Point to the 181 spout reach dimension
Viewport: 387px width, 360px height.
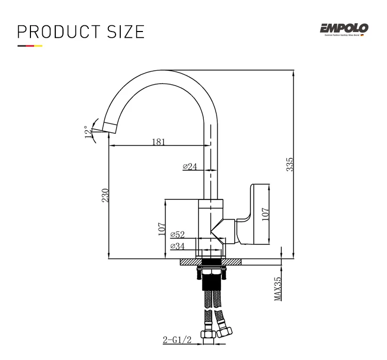(158, 142)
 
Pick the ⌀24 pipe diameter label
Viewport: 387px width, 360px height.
(190, 166)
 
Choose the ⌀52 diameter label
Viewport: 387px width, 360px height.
(178, 234)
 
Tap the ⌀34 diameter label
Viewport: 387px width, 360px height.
(177, 246)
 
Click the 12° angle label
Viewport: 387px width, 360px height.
(87, 132)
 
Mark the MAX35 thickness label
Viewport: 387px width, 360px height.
(278, 289)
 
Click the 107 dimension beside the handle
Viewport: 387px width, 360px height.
(266, 213)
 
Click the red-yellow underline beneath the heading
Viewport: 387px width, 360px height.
(30, 46)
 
